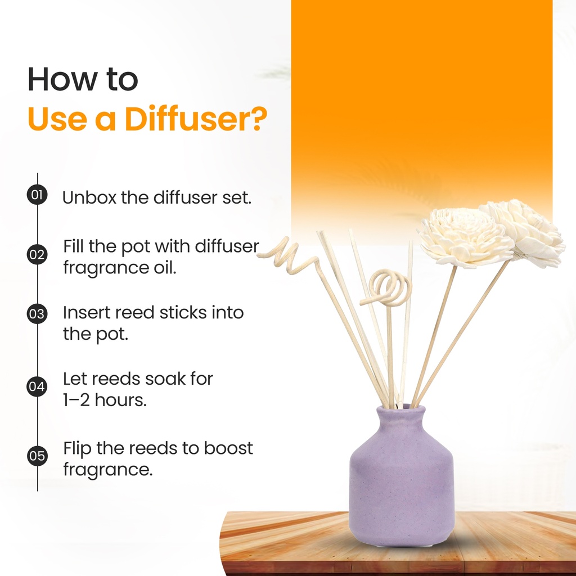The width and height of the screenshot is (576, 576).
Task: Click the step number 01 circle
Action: point(37,196)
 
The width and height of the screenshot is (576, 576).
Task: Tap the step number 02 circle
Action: point(37,255)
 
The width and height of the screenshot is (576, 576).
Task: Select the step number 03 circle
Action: point(37,314)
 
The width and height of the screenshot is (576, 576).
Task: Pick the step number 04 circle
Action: point(37,387)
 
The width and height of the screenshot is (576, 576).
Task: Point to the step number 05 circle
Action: point(37,456)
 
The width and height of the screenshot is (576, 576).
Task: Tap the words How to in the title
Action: point(83,80)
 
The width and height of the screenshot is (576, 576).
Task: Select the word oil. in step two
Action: point(164,268)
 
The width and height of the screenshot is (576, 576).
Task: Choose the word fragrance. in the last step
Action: point(107,469)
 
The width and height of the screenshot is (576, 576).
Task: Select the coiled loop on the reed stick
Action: point(387,286)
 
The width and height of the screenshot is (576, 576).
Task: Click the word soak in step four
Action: point(164,379)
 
